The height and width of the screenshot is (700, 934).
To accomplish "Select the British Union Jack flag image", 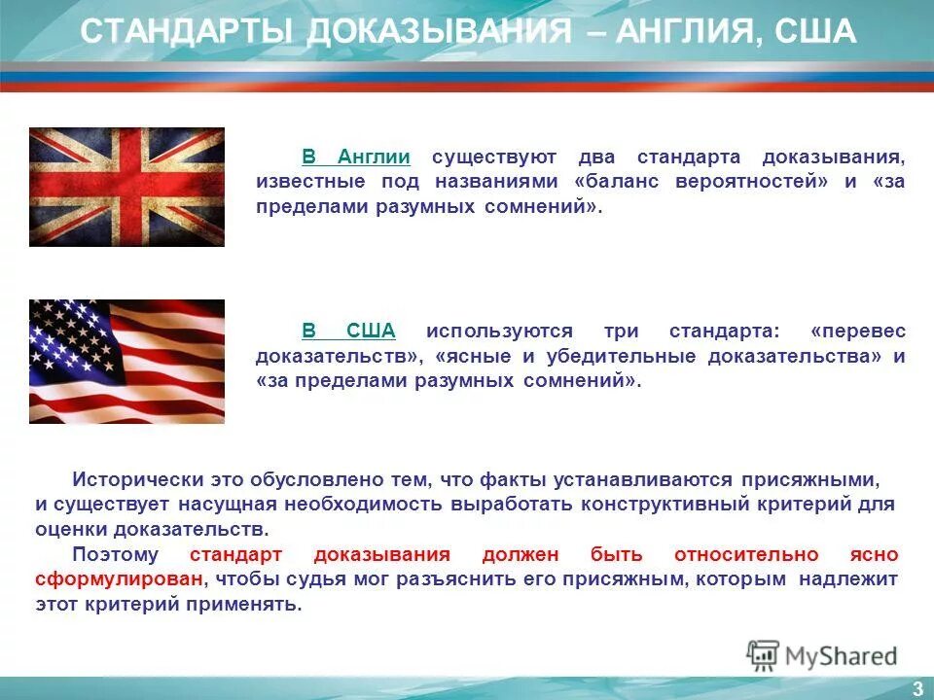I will pos(126,187).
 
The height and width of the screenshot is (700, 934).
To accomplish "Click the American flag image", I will pos(126,361).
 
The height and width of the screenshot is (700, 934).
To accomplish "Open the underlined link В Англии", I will pos(355,157).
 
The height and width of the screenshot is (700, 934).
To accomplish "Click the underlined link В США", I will pos(348,331).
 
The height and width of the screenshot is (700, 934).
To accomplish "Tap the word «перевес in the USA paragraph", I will pos(857,331).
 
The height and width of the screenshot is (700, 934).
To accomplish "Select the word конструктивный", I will pos(662,505).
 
